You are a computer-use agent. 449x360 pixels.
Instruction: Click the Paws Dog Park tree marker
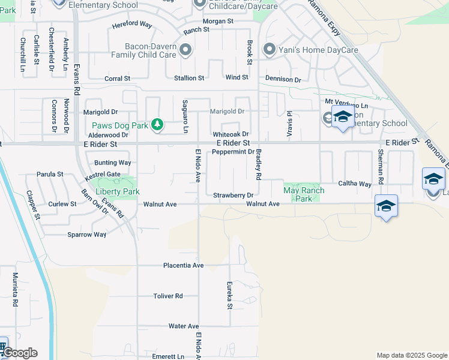coord(157,125)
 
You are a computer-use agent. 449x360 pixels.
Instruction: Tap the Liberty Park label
coord(114,191)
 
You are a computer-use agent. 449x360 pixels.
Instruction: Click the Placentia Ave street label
coord(184,265)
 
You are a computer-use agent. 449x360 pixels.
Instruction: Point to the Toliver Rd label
coord(167,296)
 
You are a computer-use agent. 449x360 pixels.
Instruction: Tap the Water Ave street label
coord(184,326)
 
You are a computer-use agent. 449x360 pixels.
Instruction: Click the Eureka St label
coord(229,295)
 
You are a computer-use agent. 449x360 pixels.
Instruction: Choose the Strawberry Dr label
coord(234,196)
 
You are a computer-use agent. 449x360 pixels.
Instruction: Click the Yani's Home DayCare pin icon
coord(270,50)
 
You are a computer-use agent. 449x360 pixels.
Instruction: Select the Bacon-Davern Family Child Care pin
coord(185,50)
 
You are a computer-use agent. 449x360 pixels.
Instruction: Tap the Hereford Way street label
coord(133,25)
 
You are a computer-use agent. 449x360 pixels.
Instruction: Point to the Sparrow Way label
coord(86,235)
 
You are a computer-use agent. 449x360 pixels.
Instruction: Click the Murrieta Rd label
coord(15,290)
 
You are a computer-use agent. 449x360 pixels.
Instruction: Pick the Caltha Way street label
coord(355,184)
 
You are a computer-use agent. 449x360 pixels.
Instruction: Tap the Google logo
coord(19,352)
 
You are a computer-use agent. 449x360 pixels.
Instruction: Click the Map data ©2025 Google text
coord(411,355)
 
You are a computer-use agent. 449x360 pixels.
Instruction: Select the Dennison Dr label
coord(283,79)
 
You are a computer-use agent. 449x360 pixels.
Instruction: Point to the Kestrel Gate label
coord(103,174)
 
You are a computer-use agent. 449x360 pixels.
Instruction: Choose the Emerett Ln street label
coord(168,356)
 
